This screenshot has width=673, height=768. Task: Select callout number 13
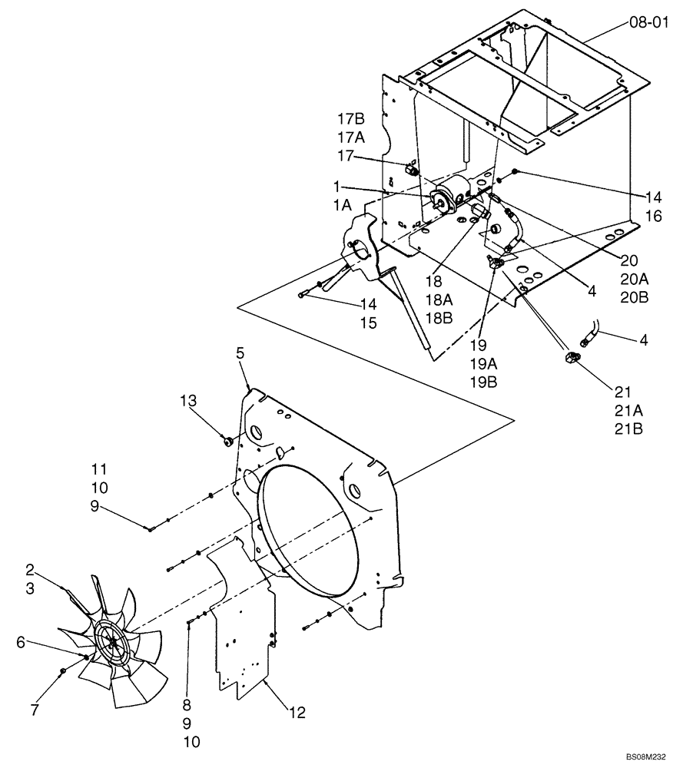click(189, 400)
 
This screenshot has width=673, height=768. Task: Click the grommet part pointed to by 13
click(228, 441)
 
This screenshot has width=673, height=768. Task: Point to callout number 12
click(297, 713)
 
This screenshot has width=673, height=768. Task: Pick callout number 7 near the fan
click(33, 711)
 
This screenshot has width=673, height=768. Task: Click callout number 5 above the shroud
click(240, 354)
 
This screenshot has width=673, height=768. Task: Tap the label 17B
click(350, 118)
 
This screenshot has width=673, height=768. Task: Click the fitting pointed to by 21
click(572, 357)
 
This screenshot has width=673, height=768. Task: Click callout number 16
click(653, 218)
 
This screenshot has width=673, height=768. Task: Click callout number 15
click(367, 323)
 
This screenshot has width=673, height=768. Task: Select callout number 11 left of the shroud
click(99, 468)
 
